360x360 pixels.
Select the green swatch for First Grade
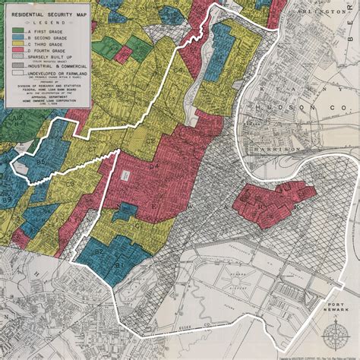click(17, 30)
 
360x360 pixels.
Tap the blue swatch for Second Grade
click(17, 36)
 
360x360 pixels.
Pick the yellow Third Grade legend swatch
click(17, 43)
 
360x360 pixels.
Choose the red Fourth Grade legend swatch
click(17, 50)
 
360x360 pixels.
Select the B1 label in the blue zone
click(118, 265)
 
